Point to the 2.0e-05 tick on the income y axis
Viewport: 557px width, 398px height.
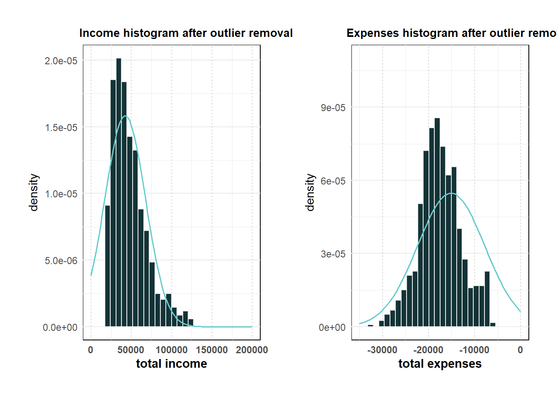[61, 61]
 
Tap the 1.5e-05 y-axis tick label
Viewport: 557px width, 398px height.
[61, 128]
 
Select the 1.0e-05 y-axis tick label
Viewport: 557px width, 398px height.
[61, 194]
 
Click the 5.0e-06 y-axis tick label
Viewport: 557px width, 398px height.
[61, 261]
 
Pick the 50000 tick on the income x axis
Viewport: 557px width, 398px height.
[131, 350]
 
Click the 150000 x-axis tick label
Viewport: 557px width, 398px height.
[212, 350]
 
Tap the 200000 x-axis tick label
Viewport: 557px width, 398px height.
[252, 350]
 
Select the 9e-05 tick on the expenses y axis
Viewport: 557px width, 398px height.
[333, 108]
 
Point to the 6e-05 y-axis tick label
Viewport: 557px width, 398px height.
[333, 181]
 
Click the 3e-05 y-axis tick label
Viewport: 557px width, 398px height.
[333, 254]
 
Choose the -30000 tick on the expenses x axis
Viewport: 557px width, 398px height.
[382, 350]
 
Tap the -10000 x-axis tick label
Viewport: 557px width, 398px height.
[474, 350]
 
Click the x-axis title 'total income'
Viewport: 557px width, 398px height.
[171, 364]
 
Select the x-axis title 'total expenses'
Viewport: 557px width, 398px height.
[440, 364]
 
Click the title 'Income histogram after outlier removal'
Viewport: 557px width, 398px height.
[186, 33]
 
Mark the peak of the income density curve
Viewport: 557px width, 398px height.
[125, 116]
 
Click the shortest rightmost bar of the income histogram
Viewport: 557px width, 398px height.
[191, 323]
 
